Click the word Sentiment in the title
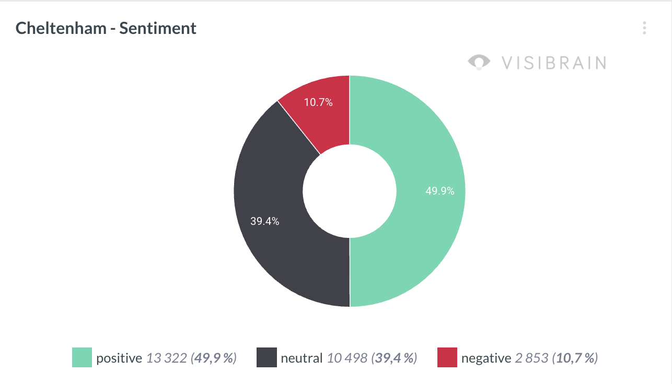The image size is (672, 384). [x=158, y=28]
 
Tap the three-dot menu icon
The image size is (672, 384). [x=645, y=28]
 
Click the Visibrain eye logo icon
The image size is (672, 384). [x=479, y=63]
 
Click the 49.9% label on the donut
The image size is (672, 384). [x=440, y=191]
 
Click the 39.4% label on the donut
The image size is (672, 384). [x=265, y=221]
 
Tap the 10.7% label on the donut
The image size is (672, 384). [x=318, y=102]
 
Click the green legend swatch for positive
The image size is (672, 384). [x=82, y=358]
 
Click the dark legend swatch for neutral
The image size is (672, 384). [x=267, y=358]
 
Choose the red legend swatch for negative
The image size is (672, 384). [x=447, y=358]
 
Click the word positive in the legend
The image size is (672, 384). [x=119, y=358]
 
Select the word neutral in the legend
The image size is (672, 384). [x=302, y=358]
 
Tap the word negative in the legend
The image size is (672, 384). [x=486, y=358]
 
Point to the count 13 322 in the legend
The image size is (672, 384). [x=166, y=358]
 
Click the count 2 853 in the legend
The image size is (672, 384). [x=531, y=358]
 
